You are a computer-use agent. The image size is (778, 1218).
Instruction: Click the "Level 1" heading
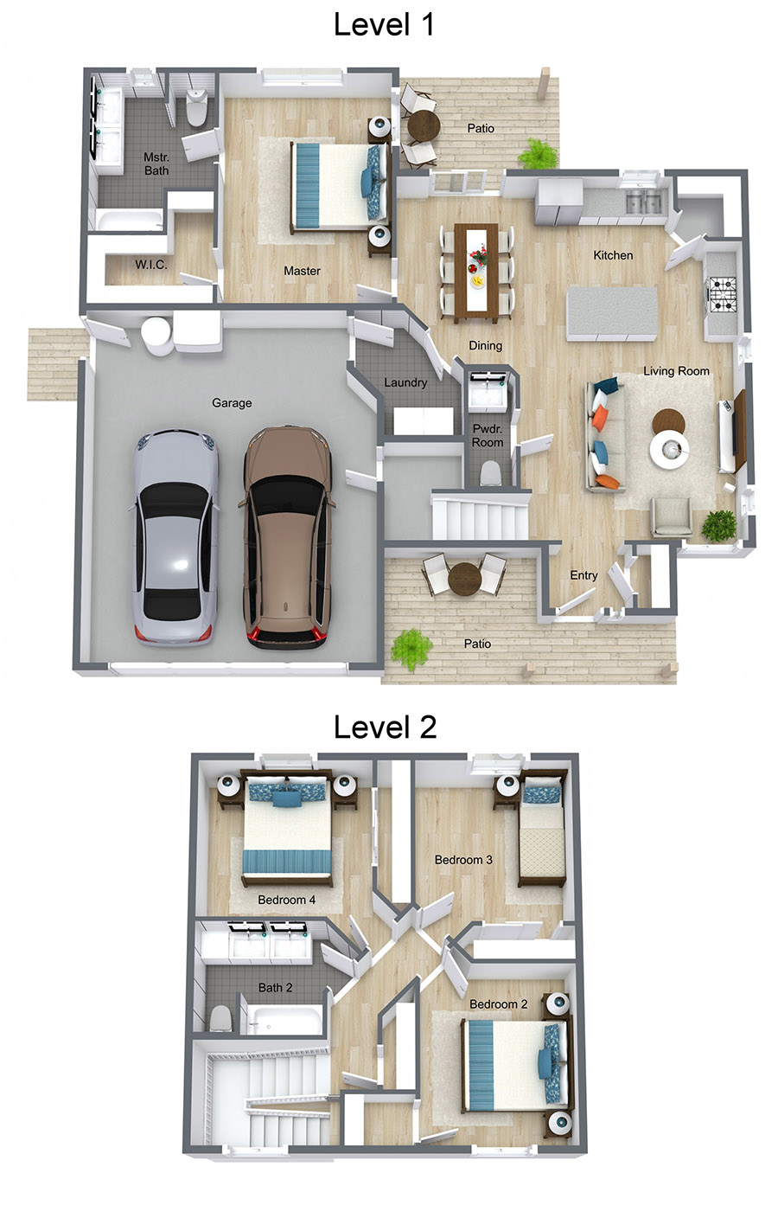click(384, 25)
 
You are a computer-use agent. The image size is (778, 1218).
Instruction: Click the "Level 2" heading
click(385, 728)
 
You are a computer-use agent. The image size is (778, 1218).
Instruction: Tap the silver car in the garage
click(175, 536)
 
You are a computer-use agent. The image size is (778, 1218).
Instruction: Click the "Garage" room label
click(232, 403)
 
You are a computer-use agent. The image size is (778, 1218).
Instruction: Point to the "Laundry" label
click(405, 382)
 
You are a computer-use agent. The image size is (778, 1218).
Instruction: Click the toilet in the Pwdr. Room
click(490, 473)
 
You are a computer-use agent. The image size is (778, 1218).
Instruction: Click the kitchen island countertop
click(611, 313)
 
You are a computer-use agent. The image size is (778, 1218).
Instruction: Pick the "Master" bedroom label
click(302, 271)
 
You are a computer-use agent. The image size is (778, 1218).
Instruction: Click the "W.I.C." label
click(151, 265)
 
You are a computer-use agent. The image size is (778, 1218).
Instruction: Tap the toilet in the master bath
click(197, 109)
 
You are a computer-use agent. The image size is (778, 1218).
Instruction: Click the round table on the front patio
click(464, 578)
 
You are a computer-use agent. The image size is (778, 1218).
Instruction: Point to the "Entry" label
click(583, 575)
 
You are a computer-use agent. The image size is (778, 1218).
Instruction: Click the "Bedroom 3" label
click(463, 860)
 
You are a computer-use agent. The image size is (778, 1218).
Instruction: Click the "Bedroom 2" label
click(498, 1004)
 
